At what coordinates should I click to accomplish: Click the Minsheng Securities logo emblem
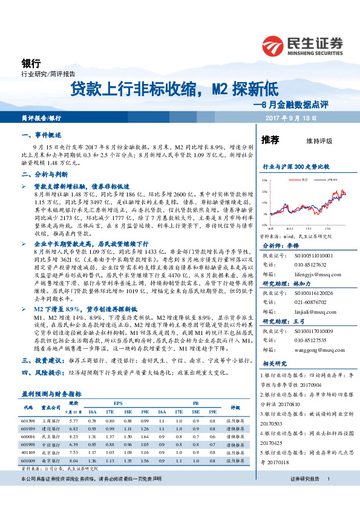point(274,45)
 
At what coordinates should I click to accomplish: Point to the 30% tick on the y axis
point(264,181)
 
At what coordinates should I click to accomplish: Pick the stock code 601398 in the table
point(28,420)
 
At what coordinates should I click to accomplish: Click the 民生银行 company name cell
point(50,436)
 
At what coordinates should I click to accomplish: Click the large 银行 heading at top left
point(30,63)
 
